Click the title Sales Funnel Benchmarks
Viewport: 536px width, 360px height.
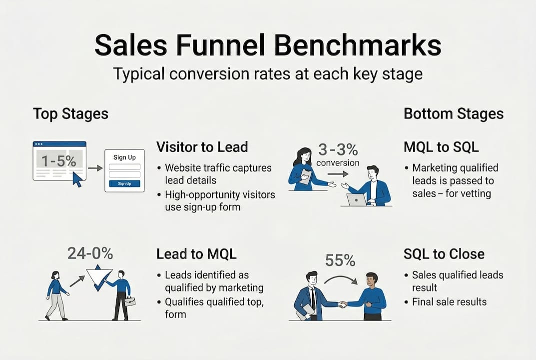268,45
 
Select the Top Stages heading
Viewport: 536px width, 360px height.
70,113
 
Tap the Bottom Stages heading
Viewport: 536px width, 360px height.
453,113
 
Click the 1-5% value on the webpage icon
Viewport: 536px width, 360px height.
59,161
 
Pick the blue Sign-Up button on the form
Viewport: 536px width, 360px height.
124,183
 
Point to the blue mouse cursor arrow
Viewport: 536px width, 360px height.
77,179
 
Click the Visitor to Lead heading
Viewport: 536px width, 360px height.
202,147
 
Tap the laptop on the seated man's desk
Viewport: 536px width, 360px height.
356,200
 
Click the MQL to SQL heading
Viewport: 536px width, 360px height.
441,147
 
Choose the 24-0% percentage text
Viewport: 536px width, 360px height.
90,253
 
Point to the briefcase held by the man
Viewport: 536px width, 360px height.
129,301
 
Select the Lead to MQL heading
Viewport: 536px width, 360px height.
196,254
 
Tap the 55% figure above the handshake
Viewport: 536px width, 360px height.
340,260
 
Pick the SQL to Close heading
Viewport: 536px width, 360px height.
444,254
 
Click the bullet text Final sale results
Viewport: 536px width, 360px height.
449,301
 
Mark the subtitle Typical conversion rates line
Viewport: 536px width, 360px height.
268,74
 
